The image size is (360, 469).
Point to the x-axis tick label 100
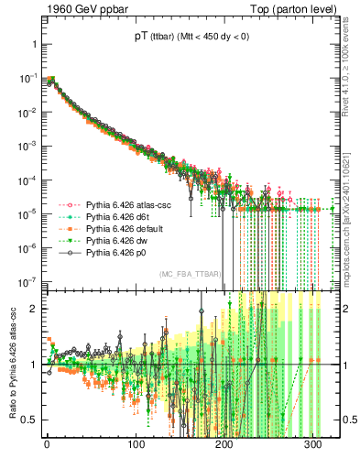[x=136, y=444]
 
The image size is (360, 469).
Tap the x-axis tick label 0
[x=47, y=444]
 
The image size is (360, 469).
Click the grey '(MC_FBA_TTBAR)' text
[x=190, y=274]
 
